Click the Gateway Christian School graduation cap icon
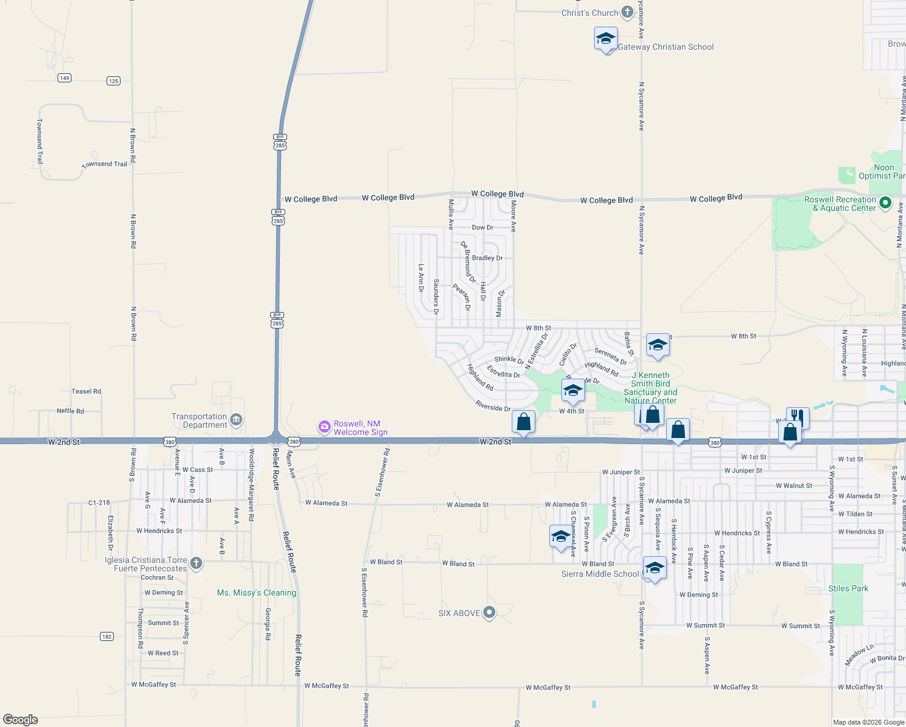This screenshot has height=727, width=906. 606,39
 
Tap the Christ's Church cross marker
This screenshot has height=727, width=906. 627,13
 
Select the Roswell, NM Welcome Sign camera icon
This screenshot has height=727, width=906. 325,428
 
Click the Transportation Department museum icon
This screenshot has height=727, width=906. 236,419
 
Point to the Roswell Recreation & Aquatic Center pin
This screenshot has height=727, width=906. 885,203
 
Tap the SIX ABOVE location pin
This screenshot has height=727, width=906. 489,613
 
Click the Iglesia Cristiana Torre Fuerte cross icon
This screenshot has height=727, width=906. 196,563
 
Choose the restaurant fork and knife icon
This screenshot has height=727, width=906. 798,417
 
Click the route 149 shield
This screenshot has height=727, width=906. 64,78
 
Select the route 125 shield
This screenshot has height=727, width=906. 113,81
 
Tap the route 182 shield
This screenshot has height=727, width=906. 107,637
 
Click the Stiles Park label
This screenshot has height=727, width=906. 848,588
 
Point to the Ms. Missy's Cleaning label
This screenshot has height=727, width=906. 257,593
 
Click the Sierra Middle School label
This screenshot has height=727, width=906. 600,574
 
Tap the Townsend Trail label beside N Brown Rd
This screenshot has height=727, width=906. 105,164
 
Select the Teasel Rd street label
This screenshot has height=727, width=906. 87,391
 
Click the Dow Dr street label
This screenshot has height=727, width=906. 483,228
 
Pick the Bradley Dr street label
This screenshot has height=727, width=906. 487,258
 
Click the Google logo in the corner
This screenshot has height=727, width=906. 21,720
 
